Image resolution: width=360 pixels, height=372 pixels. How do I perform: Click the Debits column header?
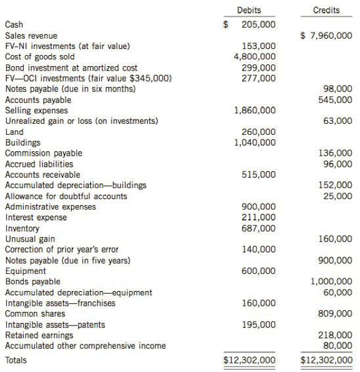click(248, 10)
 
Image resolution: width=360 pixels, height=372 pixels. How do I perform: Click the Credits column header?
click(326, 10)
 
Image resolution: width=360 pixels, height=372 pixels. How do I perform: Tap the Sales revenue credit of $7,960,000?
click(326, 36)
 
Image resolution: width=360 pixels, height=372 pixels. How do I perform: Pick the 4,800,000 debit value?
click(255, 57)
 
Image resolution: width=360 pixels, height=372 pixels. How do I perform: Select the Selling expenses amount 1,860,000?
click(255, 110)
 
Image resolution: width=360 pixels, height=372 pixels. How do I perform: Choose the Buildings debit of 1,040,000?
click(255, 142)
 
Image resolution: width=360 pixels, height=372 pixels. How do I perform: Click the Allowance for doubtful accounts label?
click(66, 196)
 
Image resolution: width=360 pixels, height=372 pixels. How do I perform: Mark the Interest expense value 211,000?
click(259, 217)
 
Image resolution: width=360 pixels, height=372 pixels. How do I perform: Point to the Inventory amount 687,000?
click(259, 228)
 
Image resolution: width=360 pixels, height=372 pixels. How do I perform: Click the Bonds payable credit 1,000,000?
click(332, 281)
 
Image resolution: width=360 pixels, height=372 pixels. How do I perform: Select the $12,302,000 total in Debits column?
click(250, 360)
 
